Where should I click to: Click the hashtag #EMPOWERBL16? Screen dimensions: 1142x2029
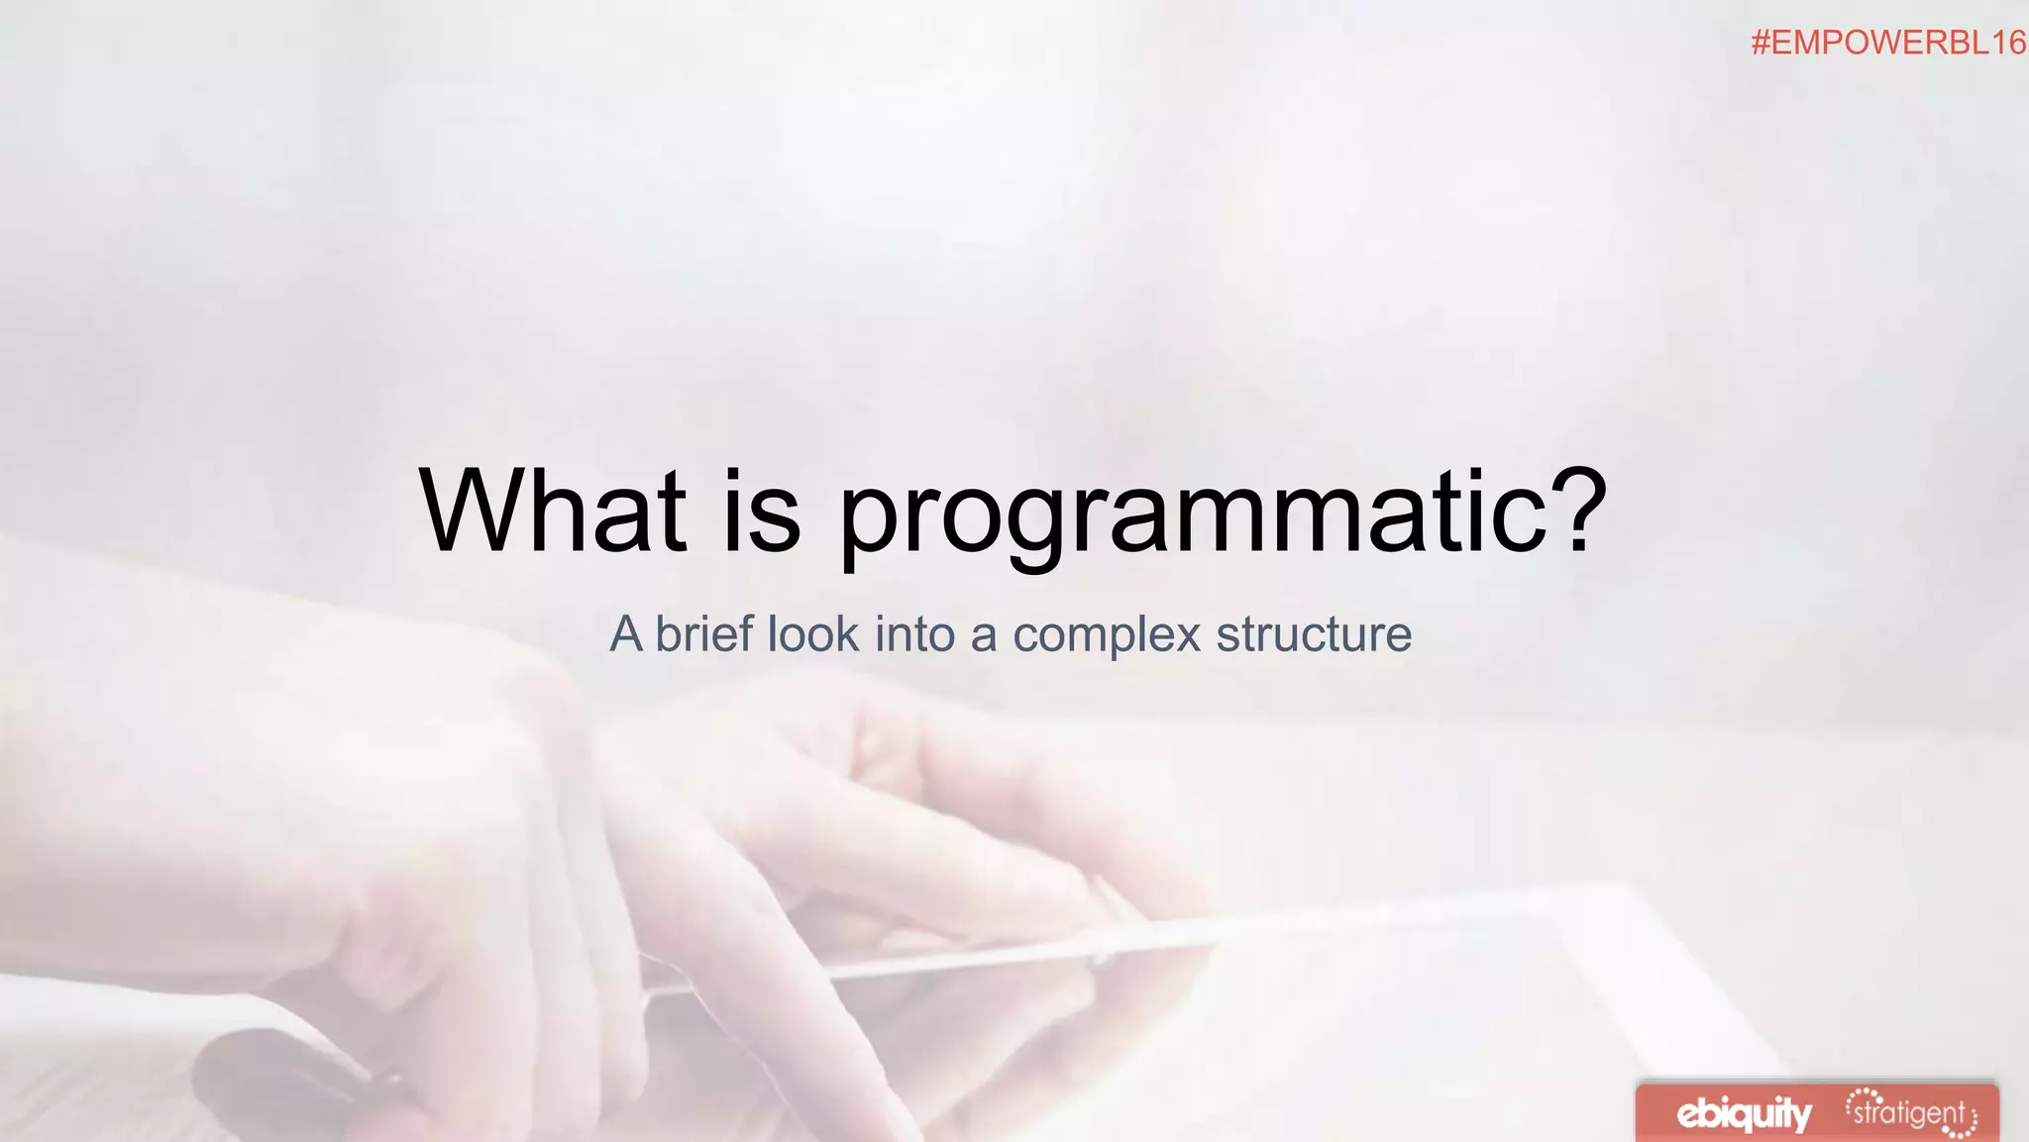pos(1888,43)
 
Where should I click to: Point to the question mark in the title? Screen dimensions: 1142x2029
pos(1570,510)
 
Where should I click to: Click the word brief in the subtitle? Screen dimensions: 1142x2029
pos(703,634)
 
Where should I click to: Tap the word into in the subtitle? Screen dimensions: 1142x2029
pos(914,634)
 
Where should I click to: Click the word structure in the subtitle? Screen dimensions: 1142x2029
pos(1314,634)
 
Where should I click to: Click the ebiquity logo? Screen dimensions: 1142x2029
pos(1744,1114)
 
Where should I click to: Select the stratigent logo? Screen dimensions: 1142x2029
pos(1911,1113)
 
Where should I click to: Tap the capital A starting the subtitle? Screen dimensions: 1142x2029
pos(626,634)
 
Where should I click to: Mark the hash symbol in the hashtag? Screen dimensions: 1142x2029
pos(1761,43)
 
